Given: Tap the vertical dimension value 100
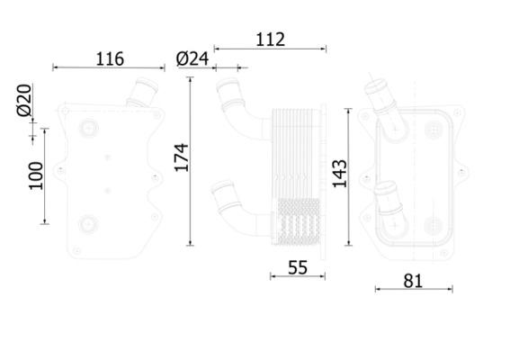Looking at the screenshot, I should point(35,175).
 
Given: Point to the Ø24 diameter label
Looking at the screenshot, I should point(193,58).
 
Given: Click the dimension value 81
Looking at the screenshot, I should point(412,280).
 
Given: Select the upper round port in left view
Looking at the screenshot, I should point(87,130).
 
